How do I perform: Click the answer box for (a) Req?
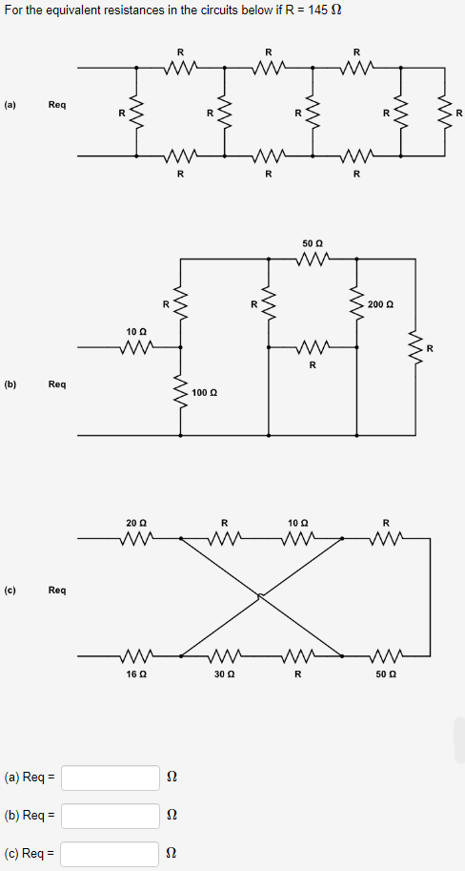[x=111, y=778]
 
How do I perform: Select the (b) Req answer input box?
[x=111, y=816]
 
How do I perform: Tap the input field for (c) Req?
[x=111, y=854]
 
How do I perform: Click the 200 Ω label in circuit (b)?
[x=378, y=304]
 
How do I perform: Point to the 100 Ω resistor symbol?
[x=180, y=393]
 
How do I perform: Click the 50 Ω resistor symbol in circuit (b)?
[x=313, y=258]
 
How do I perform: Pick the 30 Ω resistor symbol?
[x=225, y=656]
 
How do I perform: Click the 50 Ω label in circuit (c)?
[x=386, y=674]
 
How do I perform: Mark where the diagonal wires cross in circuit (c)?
[x=261, y=597]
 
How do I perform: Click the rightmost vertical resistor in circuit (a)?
[x=444, y=112]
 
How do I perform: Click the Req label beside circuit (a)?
[x=57, y=105]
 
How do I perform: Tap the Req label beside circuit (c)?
[x=57, y=591]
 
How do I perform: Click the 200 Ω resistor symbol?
[x=357, y=304]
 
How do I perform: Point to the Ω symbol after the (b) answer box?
[x=172, y=816]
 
